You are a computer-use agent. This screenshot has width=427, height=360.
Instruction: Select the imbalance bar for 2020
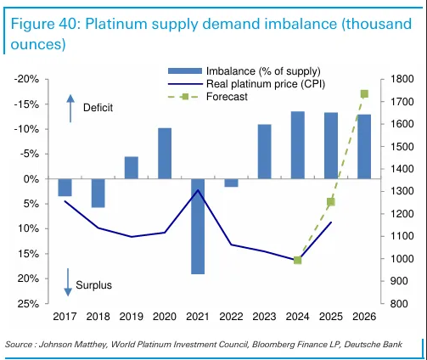[165, 154]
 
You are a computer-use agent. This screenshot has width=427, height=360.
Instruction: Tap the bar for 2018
[98, 193]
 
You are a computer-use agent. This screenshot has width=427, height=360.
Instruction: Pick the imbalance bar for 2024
[298, 145]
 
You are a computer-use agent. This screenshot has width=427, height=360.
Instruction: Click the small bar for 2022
[231, 183]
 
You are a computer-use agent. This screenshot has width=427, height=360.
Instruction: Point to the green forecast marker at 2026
[364, 93]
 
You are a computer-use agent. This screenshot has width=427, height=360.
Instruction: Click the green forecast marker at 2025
[331, 201]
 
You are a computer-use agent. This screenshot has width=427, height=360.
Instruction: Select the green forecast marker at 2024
[298, 260]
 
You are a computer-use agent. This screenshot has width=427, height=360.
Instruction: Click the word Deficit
[98, 108]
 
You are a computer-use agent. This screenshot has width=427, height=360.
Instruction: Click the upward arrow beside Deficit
[71, 106]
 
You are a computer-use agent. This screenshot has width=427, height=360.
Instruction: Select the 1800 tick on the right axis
[402, 79]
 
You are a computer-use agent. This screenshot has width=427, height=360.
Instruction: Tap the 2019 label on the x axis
[132, 316]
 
